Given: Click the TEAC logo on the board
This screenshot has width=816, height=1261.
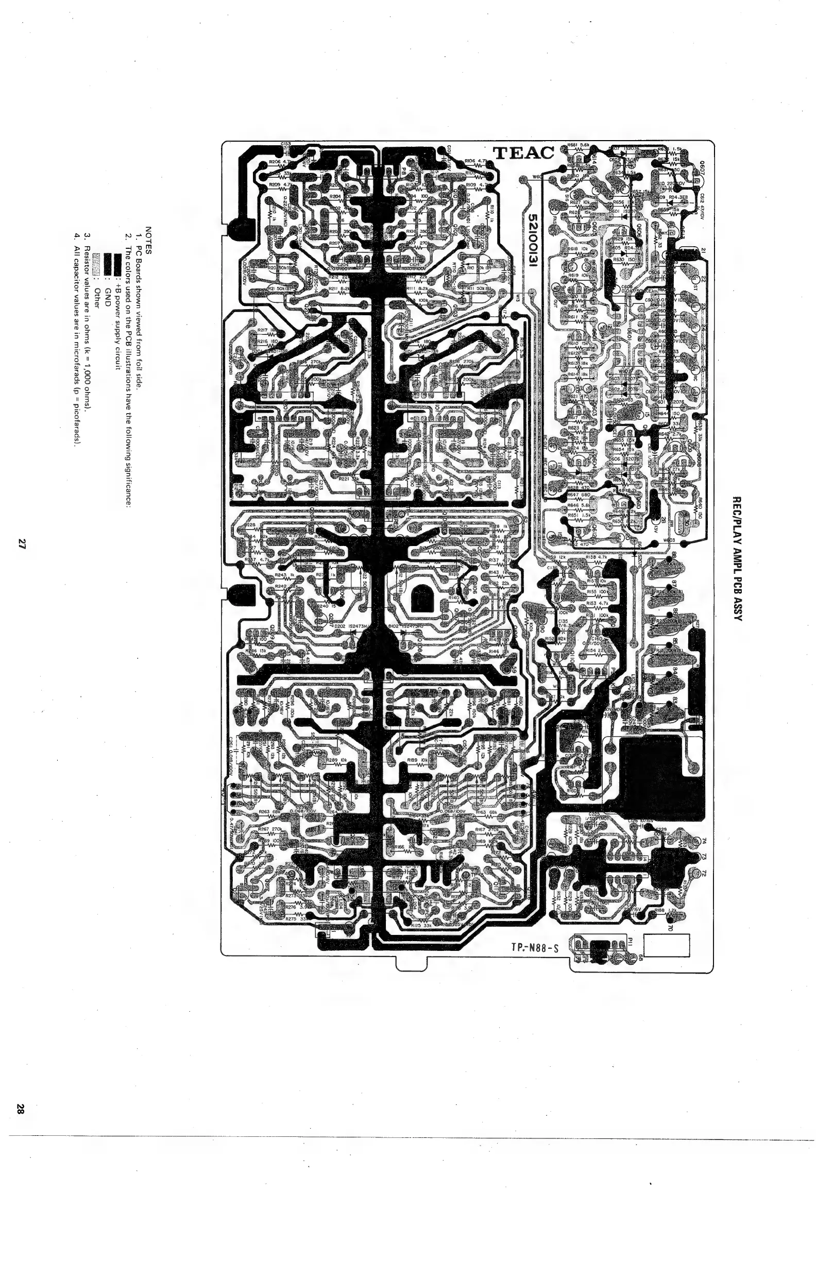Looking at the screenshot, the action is (523, 153).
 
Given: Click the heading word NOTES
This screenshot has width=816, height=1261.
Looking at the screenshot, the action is (148, 241).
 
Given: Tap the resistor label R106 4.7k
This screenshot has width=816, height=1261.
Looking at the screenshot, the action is (475, 161).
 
